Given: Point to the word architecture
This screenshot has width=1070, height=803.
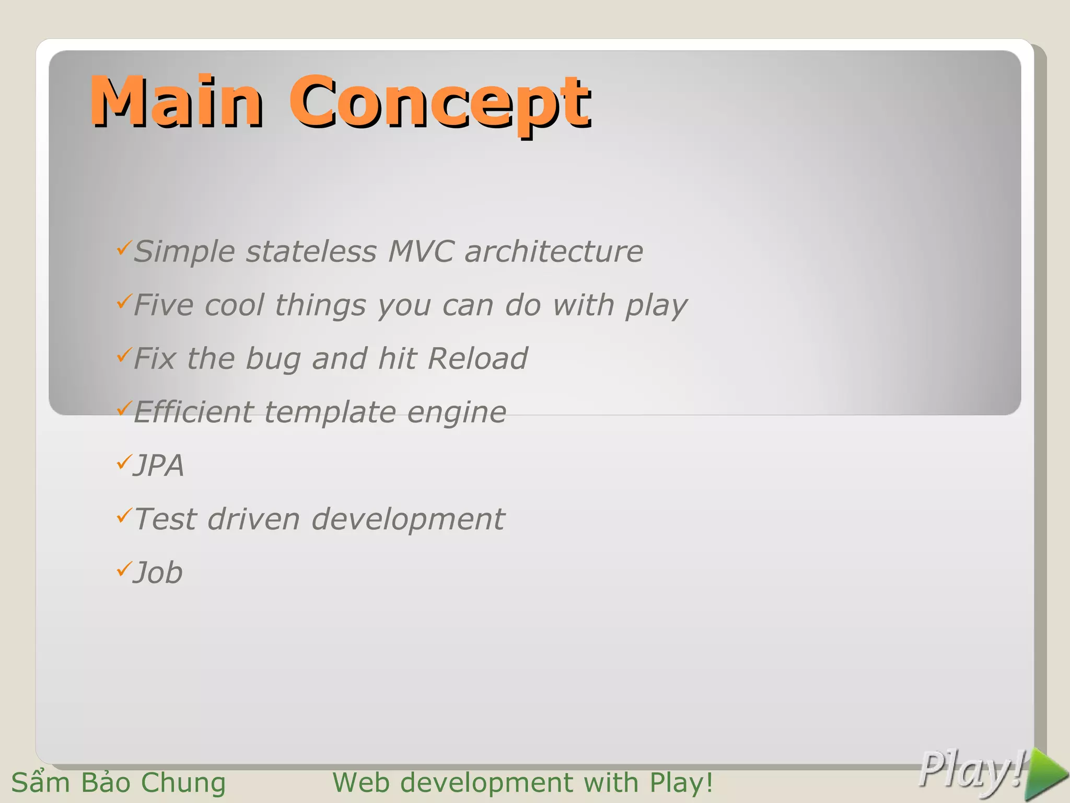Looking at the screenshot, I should (x=554, y=251).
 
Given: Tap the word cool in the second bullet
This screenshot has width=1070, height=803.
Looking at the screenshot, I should (x=235, y=305).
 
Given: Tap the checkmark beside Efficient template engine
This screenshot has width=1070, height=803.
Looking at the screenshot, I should (x=123, y=408).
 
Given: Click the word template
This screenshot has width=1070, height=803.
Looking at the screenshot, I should (x=330, y=412).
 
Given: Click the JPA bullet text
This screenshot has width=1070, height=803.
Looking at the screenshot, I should (x=159, y=465).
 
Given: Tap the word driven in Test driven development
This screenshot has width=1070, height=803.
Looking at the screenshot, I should (x=253, y=519).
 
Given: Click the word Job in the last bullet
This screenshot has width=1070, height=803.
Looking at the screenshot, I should (x=158, y=572).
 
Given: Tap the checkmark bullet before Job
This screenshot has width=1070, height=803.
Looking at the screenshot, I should (x=123, y=568).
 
